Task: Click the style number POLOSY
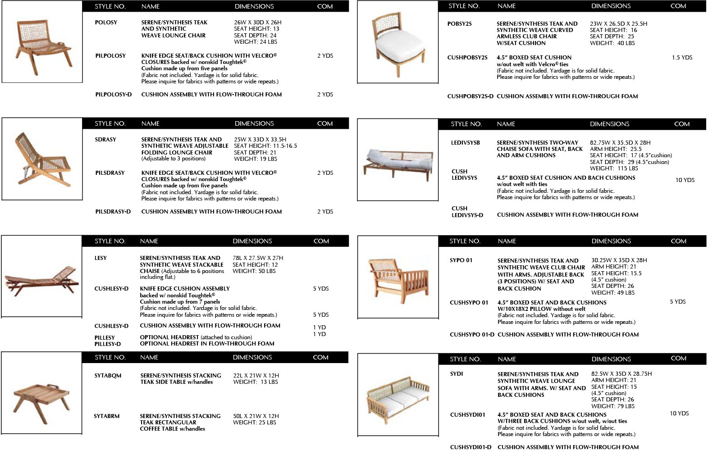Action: pyautogui.click(x=106, y=23)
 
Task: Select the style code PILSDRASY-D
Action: pyautogui.click(x=113, y=212)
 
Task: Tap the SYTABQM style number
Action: pyautogui.click(x=108, y=376)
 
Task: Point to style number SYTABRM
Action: pyautogui.click(x=107, y=416)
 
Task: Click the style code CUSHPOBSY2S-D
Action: pyautogui.click(x=470, y=96)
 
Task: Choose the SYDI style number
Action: pyautogui.click(x=457, y=374)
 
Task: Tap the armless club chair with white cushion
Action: pyautogui.click(x=398, y=42)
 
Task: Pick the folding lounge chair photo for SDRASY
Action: pyautogui.click(x=41, y=159)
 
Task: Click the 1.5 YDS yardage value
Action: pyautogui.click(x=682, y=58)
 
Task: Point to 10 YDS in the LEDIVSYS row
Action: pyautogui.click(x=685, y=180)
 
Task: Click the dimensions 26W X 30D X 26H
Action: pyautogui.click(x=257, y=23)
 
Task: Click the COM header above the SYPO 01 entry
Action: pyautogui.click(x=678, y=241)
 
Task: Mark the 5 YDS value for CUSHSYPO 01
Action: pyautogui.click(x=677, y=302)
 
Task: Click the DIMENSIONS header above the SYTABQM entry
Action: pyautogui.click(x=252, y=358)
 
